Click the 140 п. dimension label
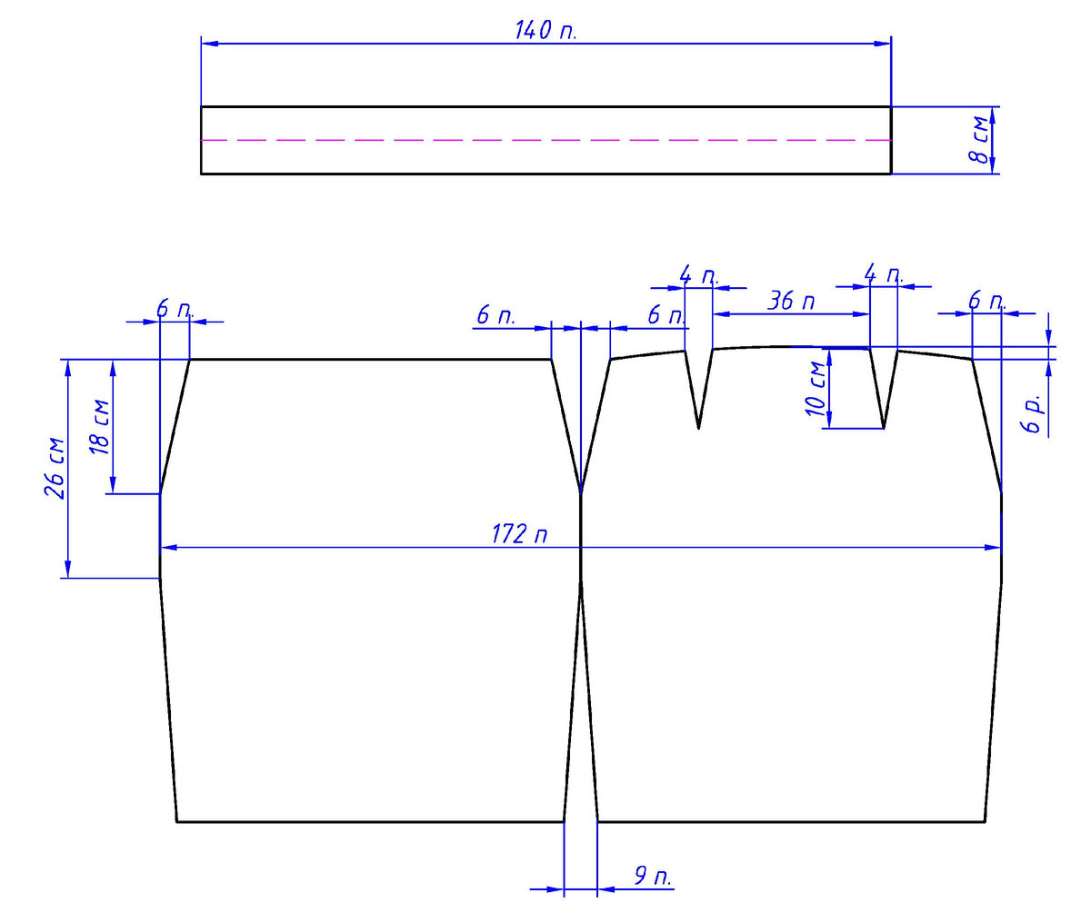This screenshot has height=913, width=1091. click(545, 30)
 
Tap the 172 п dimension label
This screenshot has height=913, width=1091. click(519, 534)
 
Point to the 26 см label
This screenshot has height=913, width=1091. click(55, 468)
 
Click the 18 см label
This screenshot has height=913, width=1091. click(100, 426)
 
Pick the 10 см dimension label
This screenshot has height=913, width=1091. click(816, 389)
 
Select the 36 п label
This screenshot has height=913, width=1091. click(791, 302)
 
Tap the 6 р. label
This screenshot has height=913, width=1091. click(1032, 414)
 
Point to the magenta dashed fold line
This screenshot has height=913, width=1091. click(545, 141)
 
